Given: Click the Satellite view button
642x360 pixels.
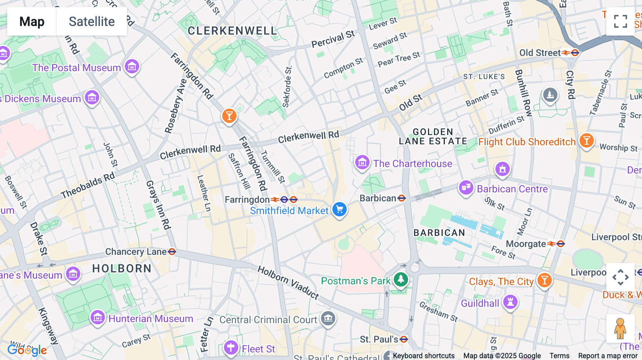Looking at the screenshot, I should click(x=92, y=21).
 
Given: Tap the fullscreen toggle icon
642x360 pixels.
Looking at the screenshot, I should click(x=620, y=21).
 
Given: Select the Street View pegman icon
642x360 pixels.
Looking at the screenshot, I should click(x=620, y=328).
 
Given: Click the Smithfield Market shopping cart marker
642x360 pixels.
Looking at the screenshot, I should click(x=339, y=209).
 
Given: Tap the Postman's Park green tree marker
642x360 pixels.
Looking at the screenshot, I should click(x=401, y=279).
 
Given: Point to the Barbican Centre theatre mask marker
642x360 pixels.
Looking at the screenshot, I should click(x=466, y=187).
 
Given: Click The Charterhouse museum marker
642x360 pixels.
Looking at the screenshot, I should click(x=362, y=163).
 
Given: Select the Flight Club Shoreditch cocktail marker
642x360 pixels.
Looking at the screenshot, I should click(x=586, y=140).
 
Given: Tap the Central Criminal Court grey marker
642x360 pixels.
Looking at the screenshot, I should click(x=328, y=318).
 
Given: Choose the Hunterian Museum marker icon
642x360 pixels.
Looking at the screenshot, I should click(x=97, y=317).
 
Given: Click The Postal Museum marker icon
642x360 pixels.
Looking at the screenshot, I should click(x=132, y=66).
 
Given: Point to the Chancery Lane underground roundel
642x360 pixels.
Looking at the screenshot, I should click(x=172, y=252).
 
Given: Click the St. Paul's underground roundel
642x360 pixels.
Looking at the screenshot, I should click(x=404, y=339).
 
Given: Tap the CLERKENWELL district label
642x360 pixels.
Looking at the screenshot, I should click(x=232, y=31).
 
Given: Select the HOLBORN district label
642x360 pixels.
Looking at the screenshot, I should click(x=122, y=268).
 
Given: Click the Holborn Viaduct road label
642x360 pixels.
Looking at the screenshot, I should click(x=288, y=282).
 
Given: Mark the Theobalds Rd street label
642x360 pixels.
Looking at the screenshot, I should click(x=88, y=185).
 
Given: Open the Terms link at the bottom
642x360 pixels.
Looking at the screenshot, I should click(x=559, y=356).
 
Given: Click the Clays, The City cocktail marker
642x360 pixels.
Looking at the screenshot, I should click(x=544, y=280).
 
